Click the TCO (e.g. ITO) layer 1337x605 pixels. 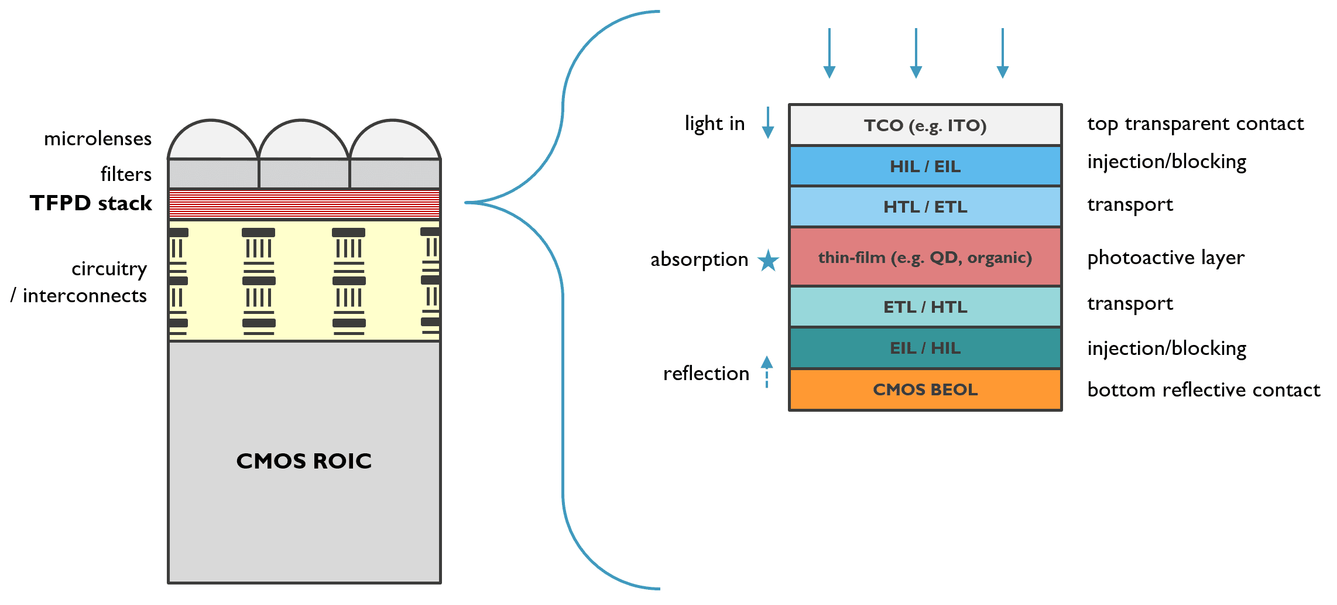pos(925,125)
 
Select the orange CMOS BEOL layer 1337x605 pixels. pos(925,389)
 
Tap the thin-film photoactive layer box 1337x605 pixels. pos(925,257)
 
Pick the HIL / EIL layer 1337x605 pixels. pos(925,166)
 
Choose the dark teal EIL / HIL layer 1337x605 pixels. pos(925,348)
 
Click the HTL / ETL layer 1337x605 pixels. pos(925,207)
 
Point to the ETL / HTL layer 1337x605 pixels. pos(925,307)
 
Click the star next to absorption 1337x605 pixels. pos(768,260)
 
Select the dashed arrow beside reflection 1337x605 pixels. pos(767,371)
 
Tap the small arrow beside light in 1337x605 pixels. pos(768,122)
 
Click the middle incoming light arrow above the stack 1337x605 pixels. pos(916,53)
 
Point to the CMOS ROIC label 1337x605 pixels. pos(304,461)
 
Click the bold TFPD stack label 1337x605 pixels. pos(91,203)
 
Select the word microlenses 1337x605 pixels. pos(98,139)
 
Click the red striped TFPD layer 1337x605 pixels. pos(304,204)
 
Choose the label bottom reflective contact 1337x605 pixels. pos(1204,390)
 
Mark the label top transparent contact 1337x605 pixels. pos(1195,124)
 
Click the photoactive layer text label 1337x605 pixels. pos(1165,258)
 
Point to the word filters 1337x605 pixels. pos(126,175)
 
